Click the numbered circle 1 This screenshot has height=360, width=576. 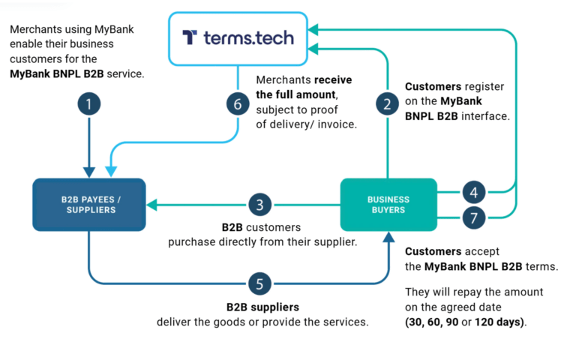click(x=89, y=104)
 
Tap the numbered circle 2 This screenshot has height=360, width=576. click(x=387, y=104)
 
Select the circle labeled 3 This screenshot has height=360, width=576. click(x=259, y=205)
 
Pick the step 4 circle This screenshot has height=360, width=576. click(x=474, y=192)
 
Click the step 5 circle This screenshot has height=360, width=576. click(x=259, y=283)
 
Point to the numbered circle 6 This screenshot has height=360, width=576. click(x=238, y=104)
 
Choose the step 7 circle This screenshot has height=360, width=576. click(x=474, y=217)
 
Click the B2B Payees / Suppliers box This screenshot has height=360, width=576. click(x=89, y=205)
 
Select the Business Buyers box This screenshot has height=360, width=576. click(x=388, y=205)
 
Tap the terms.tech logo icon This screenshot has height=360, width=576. click(x=190, y=37)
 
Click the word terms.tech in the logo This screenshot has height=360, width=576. click(x=249, y=37)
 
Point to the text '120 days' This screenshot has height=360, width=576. click(x=499, y=322)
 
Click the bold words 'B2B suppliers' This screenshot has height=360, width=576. click(x=262, y=307)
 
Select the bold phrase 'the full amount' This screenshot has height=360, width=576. click(x=296, y=94)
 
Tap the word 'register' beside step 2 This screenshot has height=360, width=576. click(x=484, y=87)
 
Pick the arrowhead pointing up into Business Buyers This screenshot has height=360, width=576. click(x=388, y=237)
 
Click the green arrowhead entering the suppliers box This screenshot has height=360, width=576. click(x=152, y=205)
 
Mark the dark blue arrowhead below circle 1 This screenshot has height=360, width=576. click(x=89, y=172)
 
